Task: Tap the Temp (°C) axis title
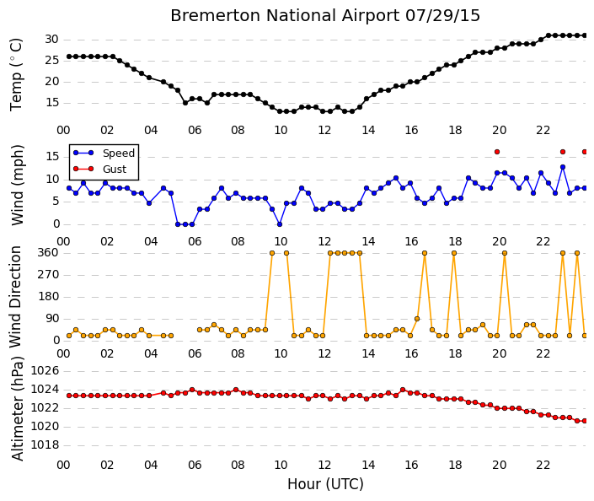point(16,75)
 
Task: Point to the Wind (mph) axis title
point(17,185)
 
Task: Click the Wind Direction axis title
point(15,297)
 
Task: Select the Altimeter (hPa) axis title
point(17,409)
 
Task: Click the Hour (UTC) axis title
point(325,484)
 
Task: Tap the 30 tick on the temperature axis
point(51,40)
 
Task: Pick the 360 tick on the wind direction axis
point(48,252)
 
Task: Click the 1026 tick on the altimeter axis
point(45,370)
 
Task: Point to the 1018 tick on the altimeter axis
point(45,444)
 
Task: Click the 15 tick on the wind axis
point(52,157)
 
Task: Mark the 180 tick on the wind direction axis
point(48,297)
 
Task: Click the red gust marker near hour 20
point(497,152)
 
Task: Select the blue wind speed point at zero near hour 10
point(280,224)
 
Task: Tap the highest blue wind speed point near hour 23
point(563,167)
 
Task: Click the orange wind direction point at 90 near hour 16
point(417,319)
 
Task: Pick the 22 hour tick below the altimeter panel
point(543,465)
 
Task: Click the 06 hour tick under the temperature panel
point(195,130)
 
